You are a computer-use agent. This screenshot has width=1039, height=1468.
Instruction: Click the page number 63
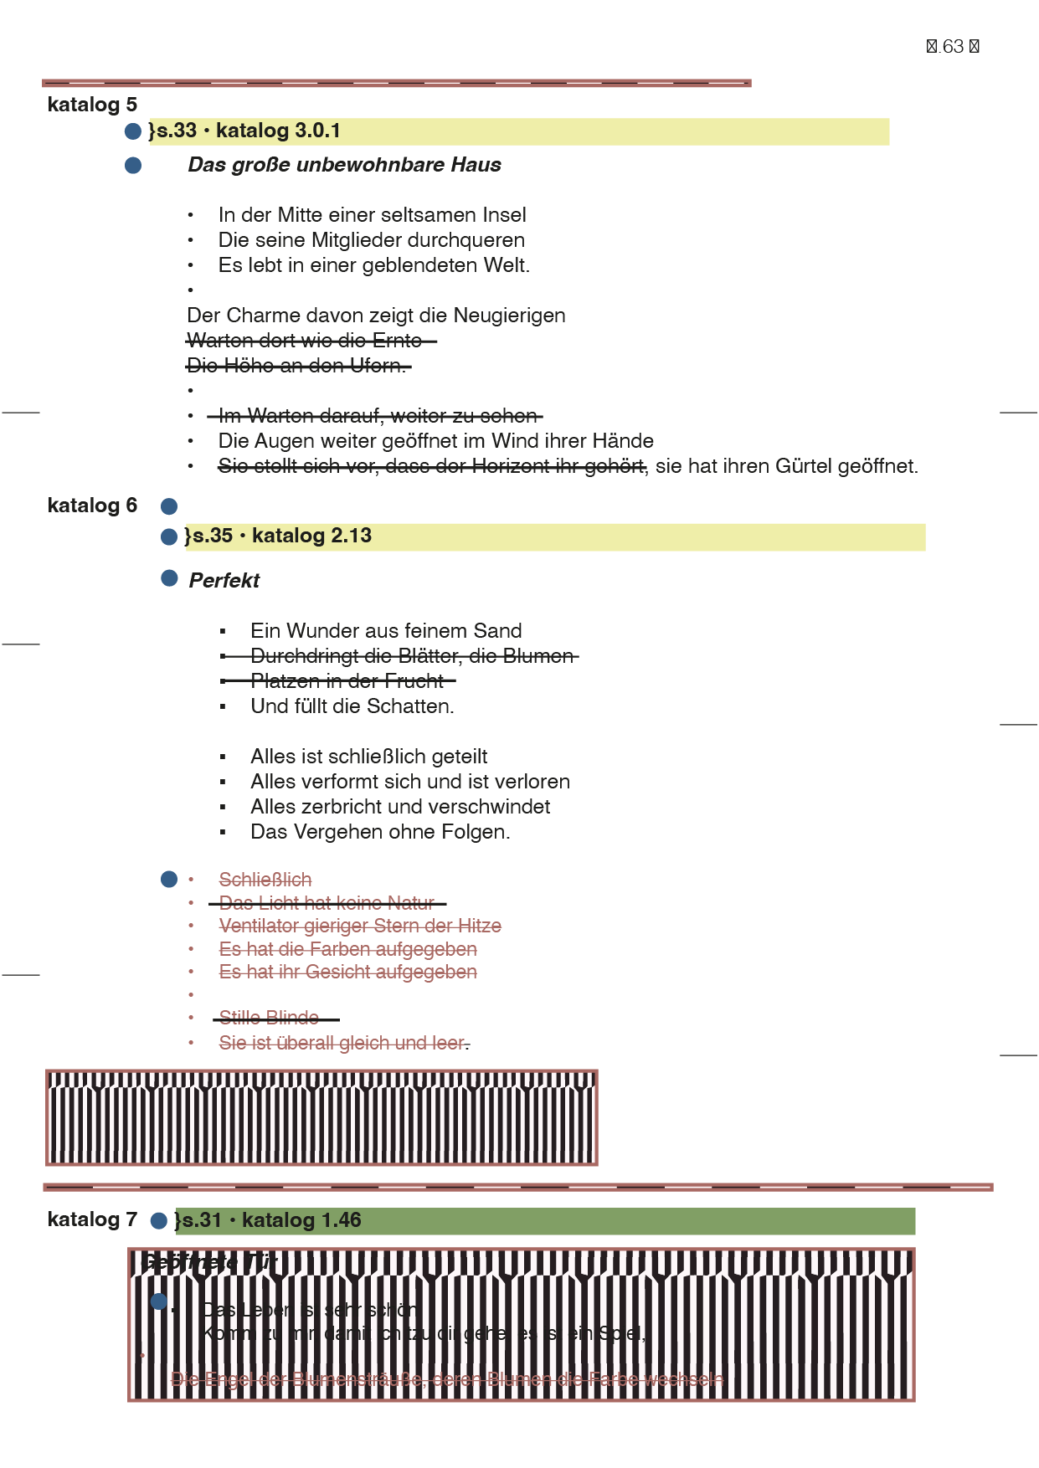(x=953, y=47)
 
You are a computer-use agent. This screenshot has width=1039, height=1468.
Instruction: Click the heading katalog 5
(x=92, y=105)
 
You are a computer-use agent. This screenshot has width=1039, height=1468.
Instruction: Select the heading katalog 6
(x=92, y=506)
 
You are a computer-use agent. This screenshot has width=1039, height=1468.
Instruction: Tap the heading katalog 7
(x=92, y=1219)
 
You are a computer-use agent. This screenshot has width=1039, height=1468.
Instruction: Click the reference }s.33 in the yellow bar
(x=172, y=131)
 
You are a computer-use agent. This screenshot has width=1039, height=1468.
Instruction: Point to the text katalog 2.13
(x=311, y=536)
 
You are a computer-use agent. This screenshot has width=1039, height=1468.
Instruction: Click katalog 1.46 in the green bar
(x=301, y=1220)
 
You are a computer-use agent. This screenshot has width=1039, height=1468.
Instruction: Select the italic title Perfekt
(x=224, y=581)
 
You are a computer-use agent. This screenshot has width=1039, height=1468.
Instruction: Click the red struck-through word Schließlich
(x=265, y=880)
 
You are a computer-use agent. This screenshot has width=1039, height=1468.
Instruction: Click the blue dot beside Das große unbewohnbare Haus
(x=133, y=166)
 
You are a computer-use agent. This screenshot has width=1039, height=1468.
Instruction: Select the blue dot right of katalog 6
(x=169, y=506)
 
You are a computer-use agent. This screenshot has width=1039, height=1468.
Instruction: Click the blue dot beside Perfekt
(x=169, y=578)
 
